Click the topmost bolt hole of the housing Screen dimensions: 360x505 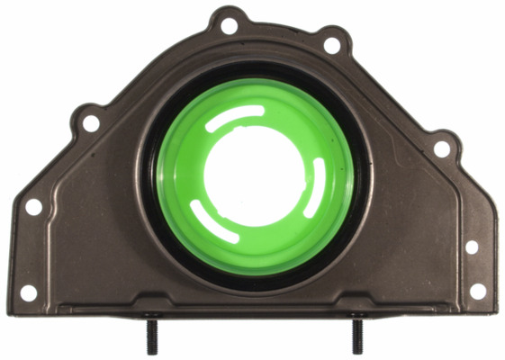(x=230, y=25)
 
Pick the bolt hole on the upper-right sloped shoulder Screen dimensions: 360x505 (x=441, y=148)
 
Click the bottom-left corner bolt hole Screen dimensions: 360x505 (x=28, y=292)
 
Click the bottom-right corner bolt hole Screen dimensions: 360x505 (x=477, y=291)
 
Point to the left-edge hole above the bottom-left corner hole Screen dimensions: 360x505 (x=33, y=207)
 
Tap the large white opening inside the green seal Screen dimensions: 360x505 (x=252, y=175)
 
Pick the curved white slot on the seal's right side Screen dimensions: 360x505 (x=314, y=188)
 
